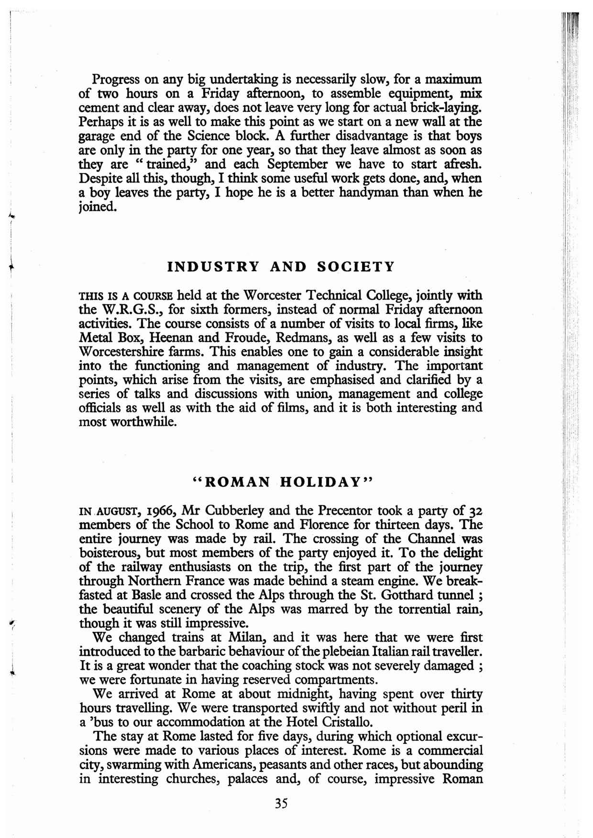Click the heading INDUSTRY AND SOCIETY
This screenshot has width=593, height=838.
pyautogui.click(x=281, y=266)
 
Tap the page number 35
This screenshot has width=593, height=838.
pyautogui.click(x=281, y=803)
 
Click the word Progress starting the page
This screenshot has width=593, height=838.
pyautogui.click(x=117, y=79)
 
